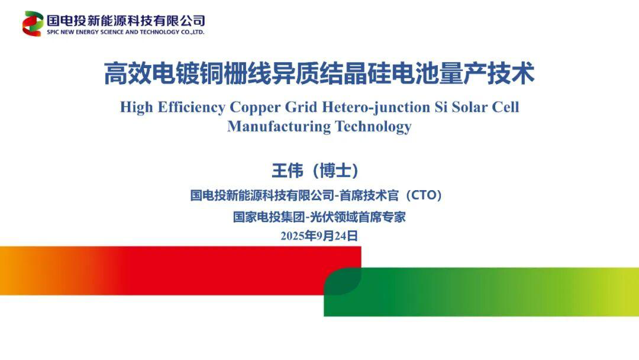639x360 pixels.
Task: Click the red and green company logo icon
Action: click(33, 24)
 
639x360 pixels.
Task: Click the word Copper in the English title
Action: click(254, 107)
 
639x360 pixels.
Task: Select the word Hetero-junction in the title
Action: click(376, 107)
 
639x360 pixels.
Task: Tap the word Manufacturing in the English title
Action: click(279, 126)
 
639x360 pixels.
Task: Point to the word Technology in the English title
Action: click(373, 126)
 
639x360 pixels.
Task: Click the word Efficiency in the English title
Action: click(191, 107)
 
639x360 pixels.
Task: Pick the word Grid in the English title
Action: click(301, 107)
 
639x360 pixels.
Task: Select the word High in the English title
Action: click(137, 107)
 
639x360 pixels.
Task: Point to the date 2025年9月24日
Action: click(319, 236)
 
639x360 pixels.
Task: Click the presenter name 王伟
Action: click(288, 171)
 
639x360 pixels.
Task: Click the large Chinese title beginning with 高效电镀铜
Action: click(319, 73)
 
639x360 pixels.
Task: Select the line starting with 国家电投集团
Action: click(319, 217)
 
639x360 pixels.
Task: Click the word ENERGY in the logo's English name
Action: click(87, 32)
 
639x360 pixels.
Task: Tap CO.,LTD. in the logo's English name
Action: click(192, 32)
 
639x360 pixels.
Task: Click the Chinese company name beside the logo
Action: click(125, 20)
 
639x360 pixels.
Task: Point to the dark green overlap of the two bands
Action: click(343, 281)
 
